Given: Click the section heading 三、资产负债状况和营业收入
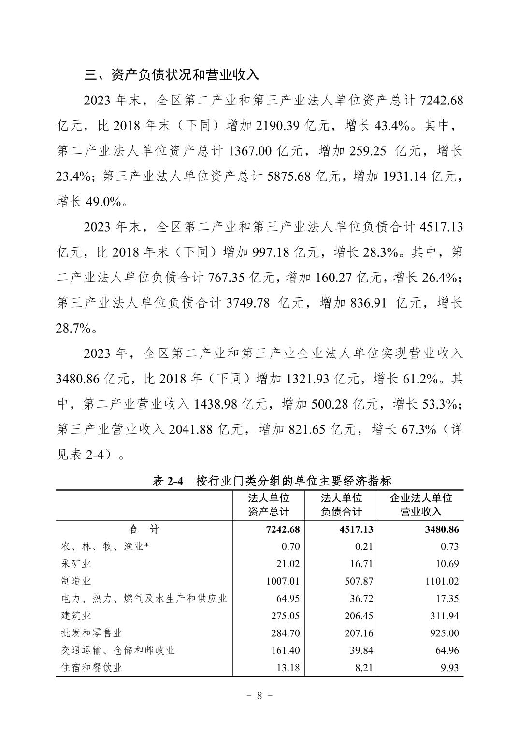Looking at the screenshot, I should coord(172,75).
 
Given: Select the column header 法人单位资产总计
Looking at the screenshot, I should coord(268,505).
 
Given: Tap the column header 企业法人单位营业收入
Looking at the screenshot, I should coord(420,505).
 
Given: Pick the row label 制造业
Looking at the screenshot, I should coord(76,581).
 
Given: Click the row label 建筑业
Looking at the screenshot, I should coord(76,616).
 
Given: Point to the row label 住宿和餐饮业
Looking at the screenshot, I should coord(92,668).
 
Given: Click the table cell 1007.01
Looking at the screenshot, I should coord(283,581).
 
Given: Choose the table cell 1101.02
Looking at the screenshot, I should coord(442,581).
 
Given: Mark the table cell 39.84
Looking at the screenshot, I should coord(361,650).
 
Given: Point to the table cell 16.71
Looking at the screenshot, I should coord(361,564).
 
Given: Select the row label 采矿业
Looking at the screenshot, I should coord(76,564).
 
